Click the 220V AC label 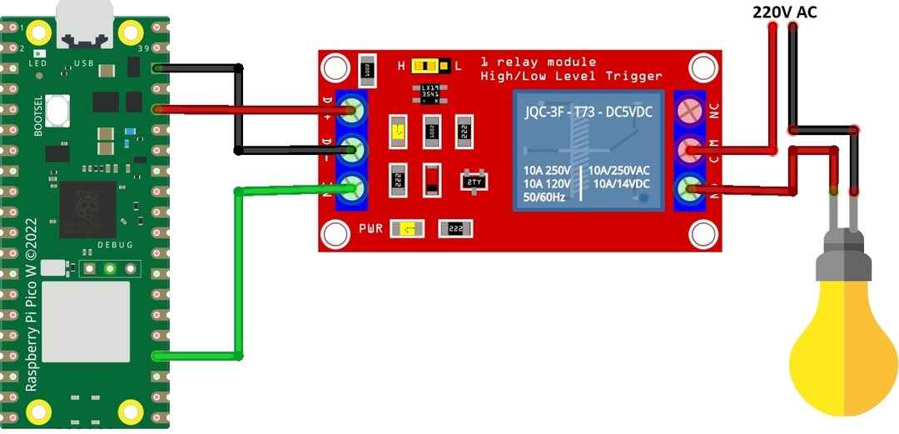tap(785, 12)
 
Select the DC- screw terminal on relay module tap(354, 151)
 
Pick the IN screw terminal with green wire tap(354, 189)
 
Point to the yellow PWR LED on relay tap(406, 229)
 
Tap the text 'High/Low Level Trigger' tap(572, 76)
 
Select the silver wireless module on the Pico tap(87, 322)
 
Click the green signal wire tap(238, 275)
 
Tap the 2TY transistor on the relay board tap(474, 181)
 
